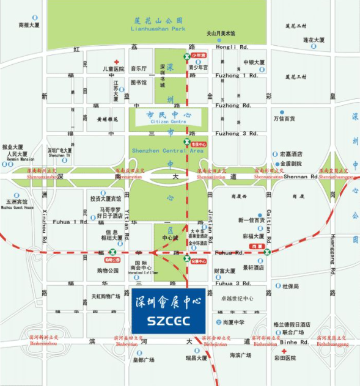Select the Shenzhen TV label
point(59,155)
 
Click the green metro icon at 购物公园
point(112,252)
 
